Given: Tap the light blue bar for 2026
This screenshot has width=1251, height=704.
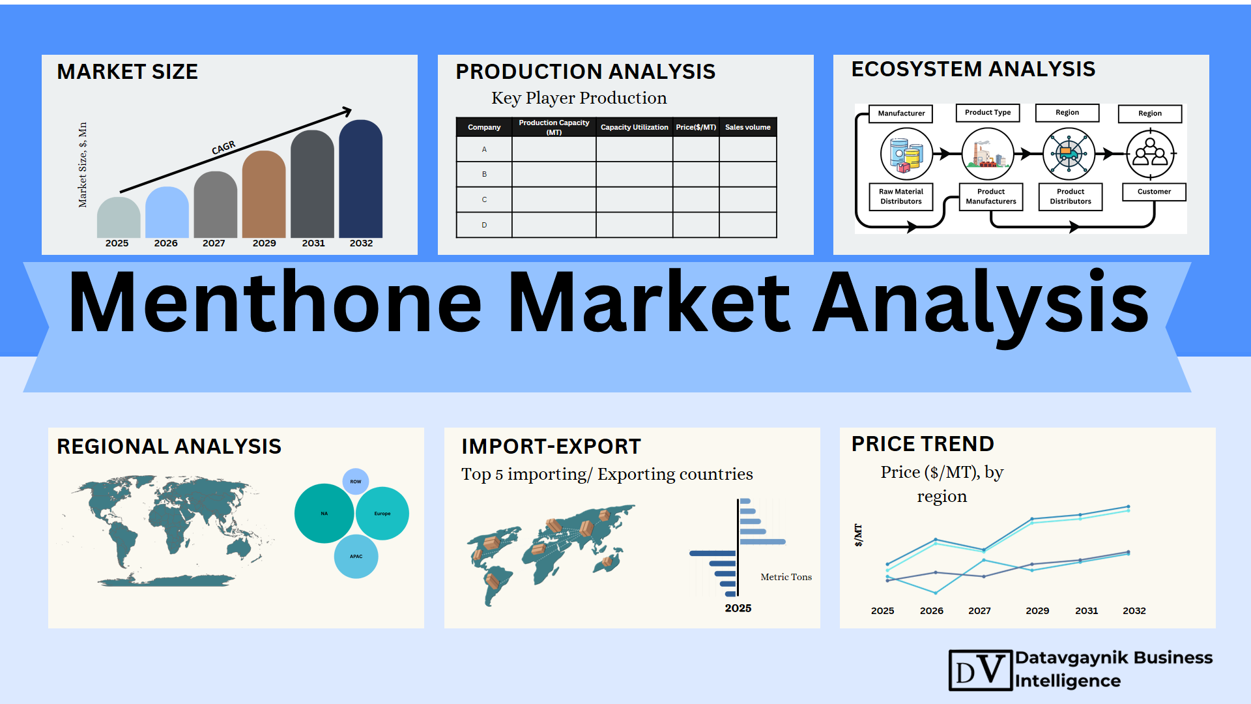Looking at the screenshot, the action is (x=167, y=213).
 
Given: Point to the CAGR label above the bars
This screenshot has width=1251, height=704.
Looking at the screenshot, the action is (x=223, y=148).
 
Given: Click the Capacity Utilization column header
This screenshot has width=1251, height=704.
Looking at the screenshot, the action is (x=634, y=127).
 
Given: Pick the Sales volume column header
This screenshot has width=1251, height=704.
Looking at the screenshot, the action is (x=748, y=127).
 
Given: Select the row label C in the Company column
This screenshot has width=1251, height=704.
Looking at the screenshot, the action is (x=484, y=199).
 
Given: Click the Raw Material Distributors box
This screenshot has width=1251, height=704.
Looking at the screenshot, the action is (x=901, y=196).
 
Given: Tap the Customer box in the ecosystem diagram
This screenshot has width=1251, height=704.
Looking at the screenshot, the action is (x=1154, y=192).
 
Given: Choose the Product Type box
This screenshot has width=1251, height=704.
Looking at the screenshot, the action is (x=988, y=113).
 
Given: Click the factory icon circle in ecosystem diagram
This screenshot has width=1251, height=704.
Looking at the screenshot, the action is (x=988, y=154).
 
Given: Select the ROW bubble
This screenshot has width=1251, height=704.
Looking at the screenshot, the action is (x=356, y=482).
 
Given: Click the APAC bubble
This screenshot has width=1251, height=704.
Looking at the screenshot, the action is (x=356, y=557).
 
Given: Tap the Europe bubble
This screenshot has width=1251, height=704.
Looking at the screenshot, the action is (x=382, y=514).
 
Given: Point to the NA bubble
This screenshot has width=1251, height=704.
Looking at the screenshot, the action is (x=324, y=514).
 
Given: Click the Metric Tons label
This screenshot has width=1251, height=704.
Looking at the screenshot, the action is (x=786, y=577).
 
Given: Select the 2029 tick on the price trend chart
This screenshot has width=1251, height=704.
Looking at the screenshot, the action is (x=1037, y=611).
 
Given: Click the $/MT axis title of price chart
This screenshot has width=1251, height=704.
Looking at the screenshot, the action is (x=858, y=535).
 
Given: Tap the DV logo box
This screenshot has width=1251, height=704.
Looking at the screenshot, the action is (x=981, y=670).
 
